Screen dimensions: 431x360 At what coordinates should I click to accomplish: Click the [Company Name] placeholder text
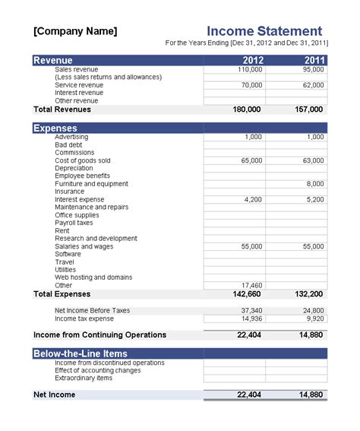point(75,31)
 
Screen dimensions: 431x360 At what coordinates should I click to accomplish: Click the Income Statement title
point(265,30)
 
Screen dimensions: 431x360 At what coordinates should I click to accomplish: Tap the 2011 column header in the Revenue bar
point(313,60)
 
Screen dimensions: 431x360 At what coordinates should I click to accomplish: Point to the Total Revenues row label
point(62,109)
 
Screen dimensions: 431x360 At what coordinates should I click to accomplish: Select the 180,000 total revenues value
point(248,109)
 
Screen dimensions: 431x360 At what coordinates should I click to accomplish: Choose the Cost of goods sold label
point(83,160)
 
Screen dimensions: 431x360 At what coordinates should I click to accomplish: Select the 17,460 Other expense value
point(251,285)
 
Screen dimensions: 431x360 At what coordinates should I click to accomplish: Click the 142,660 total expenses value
point(248,293)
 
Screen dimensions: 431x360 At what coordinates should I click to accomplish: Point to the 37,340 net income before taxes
point(251,310)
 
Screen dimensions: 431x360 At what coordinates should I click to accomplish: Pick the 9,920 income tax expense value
point(313,318)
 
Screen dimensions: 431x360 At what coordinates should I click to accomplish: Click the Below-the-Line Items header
point(79,353)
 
